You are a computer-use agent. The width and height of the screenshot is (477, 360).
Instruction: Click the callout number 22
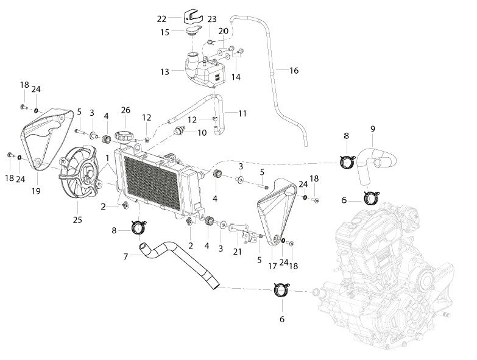coord(161,19)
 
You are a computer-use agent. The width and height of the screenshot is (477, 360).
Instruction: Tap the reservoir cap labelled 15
coord(193,31)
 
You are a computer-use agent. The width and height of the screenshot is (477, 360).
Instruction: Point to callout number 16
coord(294,71)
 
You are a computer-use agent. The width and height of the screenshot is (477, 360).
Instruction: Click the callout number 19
coord(36,191)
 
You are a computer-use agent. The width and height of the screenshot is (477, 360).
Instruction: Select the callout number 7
coord(125,256)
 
